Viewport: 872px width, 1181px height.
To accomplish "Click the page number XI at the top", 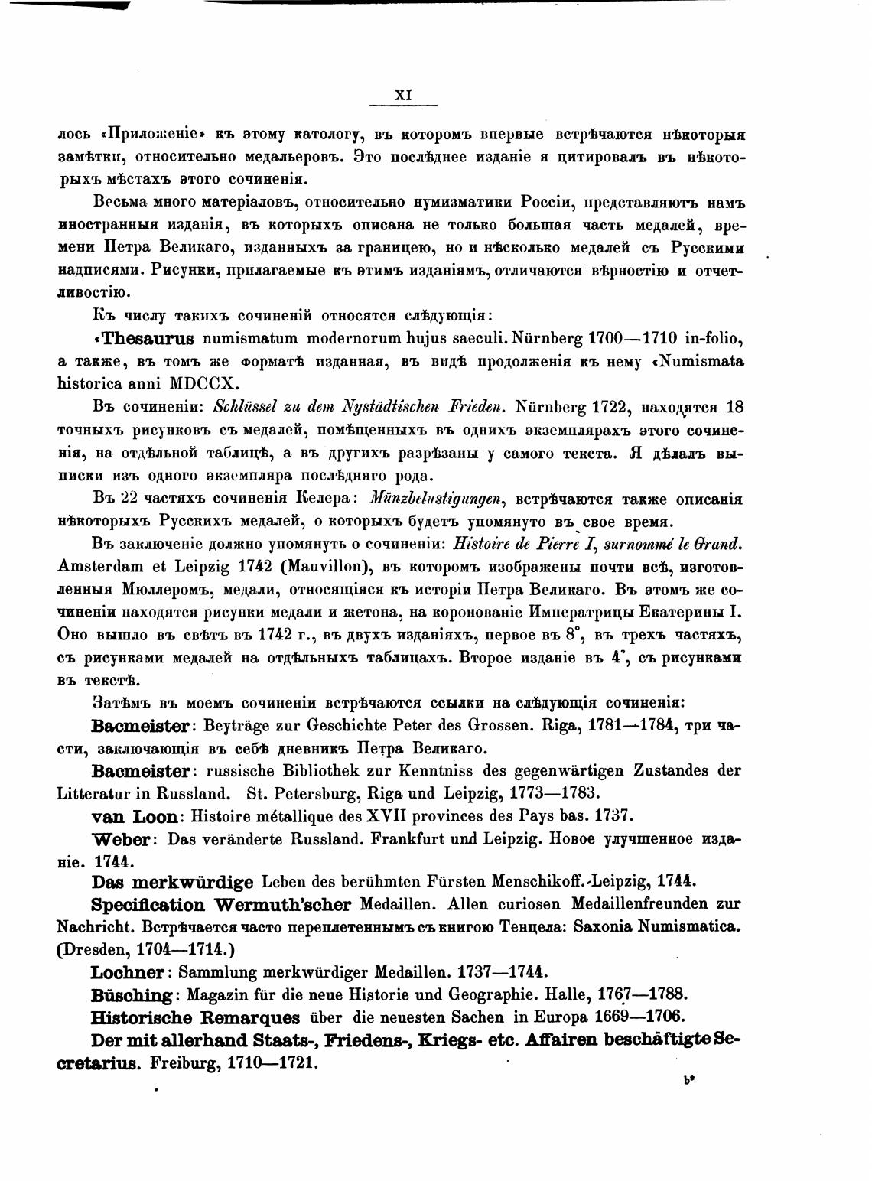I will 403,96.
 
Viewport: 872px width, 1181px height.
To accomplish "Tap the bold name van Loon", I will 134,816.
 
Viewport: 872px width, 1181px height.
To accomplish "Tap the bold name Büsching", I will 132,995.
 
